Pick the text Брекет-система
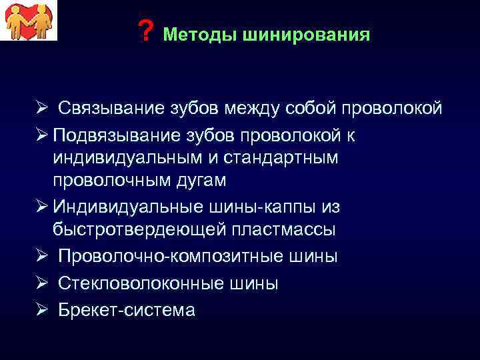pos(126,309)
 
